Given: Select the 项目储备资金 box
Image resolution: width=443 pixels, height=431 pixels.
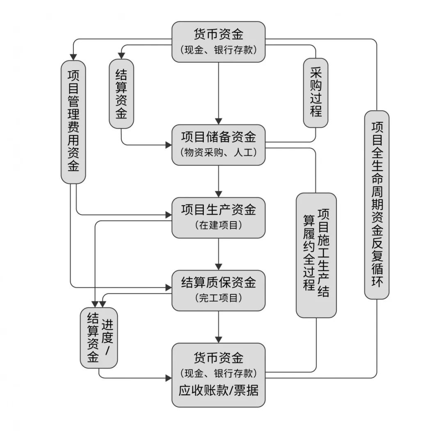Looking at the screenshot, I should point(218,144).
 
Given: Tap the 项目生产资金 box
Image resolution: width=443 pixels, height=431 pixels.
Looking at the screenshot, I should point(218,218).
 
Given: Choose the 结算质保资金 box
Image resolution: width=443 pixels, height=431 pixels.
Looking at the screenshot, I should point(218,291).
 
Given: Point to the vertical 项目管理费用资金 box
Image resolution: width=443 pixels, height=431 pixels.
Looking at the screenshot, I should point(73,122).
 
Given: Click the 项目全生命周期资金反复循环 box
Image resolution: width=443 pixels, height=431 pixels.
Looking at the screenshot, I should point(377,204).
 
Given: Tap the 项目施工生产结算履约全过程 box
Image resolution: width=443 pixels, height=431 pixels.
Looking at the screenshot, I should point(316,255).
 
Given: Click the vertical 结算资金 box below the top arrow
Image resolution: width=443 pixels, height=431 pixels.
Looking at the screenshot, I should point(121,94).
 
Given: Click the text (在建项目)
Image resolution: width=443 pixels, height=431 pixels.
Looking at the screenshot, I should point(218,225).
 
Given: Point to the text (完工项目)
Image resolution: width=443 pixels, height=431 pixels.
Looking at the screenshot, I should point(218,298).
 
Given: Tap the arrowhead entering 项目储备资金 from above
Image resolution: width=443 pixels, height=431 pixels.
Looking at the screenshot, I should point(218,120).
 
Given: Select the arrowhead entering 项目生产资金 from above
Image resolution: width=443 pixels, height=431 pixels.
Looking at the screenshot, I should point(218,194).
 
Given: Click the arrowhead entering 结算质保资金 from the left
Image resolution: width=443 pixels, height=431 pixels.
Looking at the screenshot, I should point(168,288).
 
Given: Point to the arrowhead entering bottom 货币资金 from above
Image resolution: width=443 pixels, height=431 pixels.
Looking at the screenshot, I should point(218,339).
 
